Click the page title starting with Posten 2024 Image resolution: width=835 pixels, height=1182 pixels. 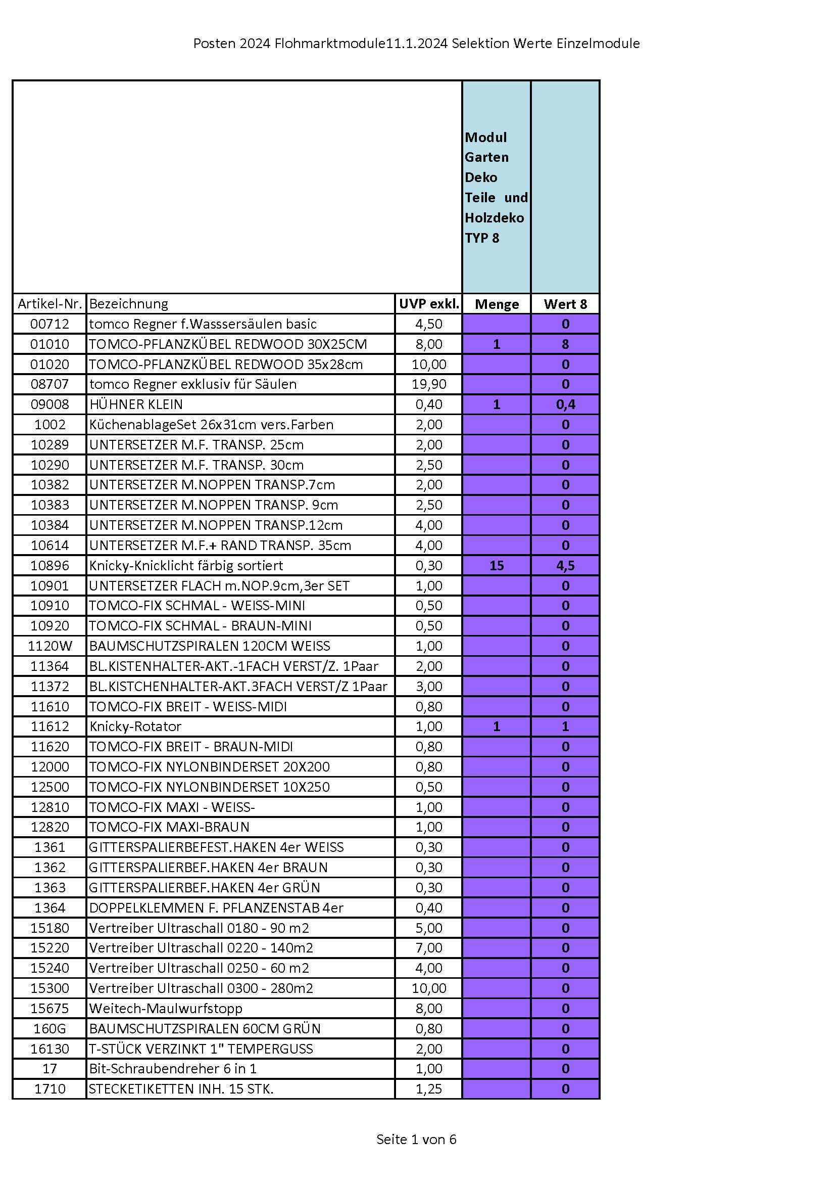point(416,44)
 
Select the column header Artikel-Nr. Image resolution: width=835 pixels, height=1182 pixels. point(50,304)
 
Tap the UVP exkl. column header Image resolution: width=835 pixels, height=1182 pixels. point(428,304)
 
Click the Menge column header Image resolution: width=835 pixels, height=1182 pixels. point(497,304)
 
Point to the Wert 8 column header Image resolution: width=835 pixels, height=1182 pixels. point(565,304)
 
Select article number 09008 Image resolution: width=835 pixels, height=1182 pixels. point(50,404)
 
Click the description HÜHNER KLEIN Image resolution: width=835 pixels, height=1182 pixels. point(136,404)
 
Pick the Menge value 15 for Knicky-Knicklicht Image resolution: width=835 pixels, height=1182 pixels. point(497,566)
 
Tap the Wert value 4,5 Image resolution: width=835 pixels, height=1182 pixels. point(565,566)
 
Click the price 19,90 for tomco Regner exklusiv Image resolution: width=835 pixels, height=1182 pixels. point(428,384)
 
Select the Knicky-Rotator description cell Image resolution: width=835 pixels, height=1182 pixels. point(135,726)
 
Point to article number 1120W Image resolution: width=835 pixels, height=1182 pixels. point(50,646)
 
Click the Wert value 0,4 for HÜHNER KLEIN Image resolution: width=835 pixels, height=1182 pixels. point(565,404)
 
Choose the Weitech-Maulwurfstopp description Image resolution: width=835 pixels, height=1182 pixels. point(165,1008)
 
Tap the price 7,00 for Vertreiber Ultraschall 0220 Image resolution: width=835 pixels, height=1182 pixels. point(428,948)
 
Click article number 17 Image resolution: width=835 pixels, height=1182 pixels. point(50,1069)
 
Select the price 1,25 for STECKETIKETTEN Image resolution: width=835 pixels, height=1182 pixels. point(428,1089)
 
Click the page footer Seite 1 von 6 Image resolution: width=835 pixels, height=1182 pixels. point(416,1139)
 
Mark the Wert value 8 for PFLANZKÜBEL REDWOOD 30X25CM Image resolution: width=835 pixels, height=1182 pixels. point(565,344)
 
